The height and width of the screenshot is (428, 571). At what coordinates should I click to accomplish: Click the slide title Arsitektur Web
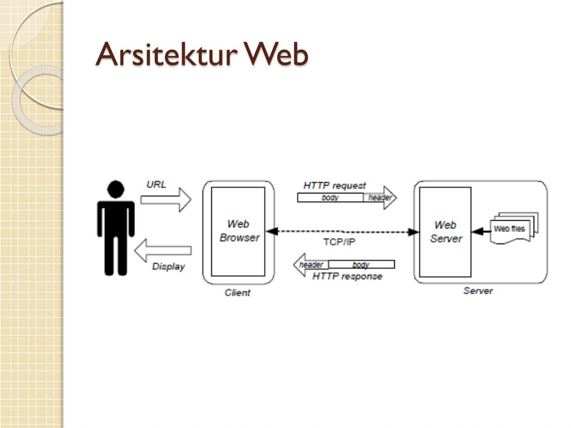(x=202, y=54)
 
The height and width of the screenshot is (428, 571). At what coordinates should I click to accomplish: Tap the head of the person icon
(x=116, y=189)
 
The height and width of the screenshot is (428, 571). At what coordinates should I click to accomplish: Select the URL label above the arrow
(x=156, y=184)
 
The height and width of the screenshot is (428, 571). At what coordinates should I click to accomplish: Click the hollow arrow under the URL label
(x=166, y=200)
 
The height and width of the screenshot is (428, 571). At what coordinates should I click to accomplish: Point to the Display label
(x=168, y=267)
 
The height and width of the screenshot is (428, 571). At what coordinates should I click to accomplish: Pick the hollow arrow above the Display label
(x=163, y=250)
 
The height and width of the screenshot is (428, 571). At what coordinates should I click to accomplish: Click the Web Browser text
(x=239, y=231)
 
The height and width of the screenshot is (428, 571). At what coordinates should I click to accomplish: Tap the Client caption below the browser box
(x=238, y=293)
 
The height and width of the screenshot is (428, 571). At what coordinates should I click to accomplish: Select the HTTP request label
(x=335, y=186)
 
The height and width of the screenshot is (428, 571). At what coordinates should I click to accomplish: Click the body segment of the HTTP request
(x=330, y=198)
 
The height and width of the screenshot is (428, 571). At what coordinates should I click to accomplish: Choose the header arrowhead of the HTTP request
(x=380, y=198)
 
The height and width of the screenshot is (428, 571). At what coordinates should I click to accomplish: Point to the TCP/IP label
(x=339, y=242)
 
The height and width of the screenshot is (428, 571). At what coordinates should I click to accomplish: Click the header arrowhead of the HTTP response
(x=311, y=265)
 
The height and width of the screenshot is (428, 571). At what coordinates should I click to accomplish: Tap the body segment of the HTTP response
(x=361, y=264)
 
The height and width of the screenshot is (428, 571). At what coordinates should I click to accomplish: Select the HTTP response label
(x=347, y=276)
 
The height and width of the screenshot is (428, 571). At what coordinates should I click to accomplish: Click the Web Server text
(x=446, y=232)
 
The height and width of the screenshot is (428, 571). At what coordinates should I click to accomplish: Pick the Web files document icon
(x=514, y=228)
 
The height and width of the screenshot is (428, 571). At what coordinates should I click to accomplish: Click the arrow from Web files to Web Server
(x=481, y=231)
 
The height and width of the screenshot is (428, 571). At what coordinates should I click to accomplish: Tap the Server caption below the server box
(x=478, y=291)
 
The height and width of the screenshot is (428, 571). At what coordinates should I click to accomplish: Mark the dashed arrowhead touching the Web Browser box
(x=272, y=231)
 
